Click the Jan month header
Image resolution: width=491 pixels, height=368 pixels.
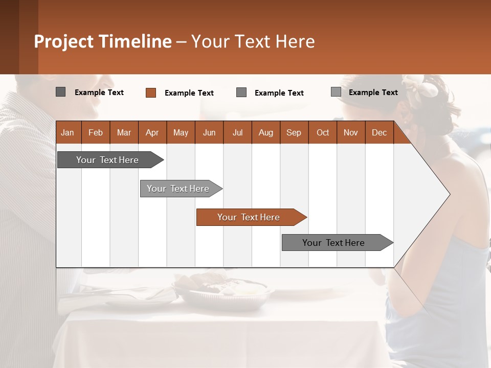point(68,133)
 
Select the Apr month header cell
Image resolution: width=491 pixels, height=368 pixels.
point(152,133)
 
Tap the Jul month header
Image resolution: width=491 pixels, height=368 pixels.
point(237,133)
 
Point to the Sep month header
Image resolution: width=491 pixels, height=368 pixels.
point(294,133)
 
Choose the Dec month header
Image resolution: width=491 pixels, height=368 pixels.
point(379,133)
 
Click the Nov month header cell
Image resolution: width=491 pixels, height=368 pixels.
point(351,133)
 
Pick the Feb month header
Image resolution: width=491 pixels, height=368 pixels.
point(96,133)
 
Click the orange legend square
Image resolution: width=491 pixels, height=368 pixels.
point(150,93)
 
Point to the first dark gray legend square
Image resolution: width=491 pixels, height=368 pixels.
point(60,92)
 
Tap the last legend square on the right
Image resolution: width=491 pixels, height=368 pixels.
point(336,92)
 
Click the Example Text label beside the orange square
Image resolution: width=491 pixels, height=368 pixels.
point(189,93)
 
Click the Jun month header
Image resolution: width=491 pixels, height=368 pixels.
point(209,133)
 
